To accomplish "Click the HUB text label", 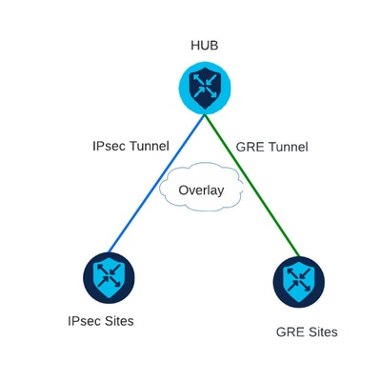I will point(205,46).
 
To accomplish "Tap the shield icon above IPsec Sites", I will point(108,277).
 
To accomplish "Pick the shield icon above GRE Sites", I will point(299,282).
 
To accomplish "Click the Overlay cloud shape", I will point(201,190).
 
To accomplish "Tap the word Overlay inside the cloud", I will point(201,190).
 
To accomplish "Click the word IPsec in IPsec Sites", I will point(85,321).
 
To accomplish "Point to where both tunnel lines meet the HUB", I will point(205,114).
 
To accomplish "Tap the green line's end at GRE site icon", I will point(298,256).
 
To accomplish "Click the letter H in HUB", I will point(194,46).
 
